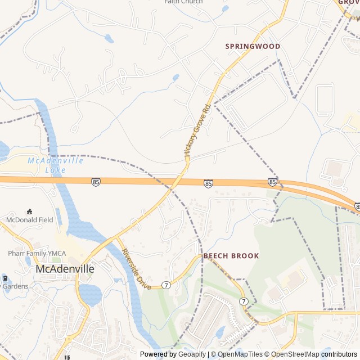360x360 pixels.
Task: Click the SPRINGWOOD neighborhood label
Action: [253, 46]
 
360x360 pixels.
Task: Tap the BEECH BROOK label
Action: [231, 256]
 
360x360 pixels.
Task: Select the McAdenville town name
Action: [65, 269]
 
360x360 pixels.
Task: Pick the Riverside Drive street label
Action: [137, 269]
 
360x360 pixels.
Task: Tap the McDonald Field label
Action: [30, 219]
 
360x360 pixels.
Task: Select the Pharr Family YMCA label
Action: [35, 254]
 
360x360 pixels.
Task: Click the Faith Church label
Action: [183, 2]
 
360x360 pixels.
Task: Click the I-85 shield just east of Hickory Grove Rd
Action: [208, 183]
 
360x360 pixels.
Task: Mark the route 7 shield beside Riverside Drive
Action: [166, 285]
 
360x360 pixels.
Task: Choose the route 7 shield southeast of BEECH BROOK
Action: [244, 301]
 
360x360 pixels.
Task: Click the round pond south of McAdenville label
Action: [90, 294]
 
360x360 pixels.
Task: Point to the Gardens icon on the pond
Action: [4, 278]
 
